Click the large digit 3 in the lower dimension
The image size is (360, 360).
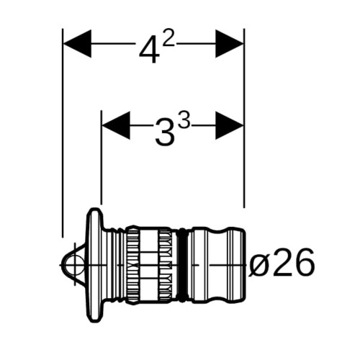click(x=165, y=132)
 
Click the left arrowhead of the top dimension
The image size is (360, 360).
click(x=77, y=44)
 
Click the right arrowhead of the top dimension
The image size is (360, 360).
click(x=230, y=44)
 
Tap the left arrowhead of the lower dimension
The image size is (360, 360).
click(x=116, y=125)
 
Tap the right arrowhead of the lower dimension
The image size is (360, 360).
click(x=230, y=125)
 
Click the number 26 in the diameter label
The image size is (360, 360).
click(x=293, y=262)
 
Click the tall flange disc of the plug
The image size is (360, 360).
click(x=94, y=265)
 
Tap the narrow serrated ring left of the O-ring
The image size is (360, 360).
click(x=165, y=265)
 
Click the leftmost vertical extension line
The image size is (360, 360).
click(x=63, y=133)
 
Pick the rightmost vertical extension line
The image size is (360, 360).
click(x=244, y=118)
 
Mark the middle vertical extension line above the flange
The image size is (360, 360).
click(x=102, y=158)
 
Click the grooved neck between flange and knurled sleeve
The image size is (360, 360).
click(x=115, y=265)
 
